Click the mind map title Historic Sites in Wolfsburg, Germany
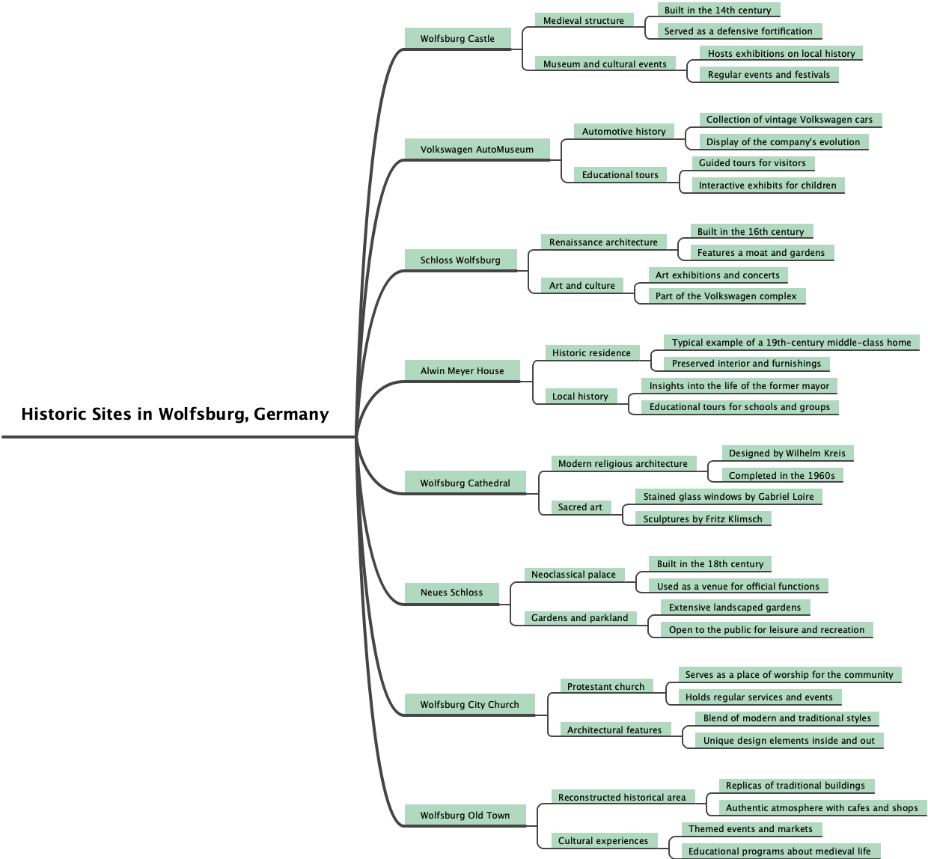click(x=175, y=415)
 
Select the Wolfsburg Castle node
click(x=457, y=39)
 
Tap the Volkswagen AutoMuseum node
click(x=477, y=150)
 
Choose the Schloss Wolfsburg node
click(x=460, y=260)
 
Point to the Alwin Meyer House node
click(x=462, y=371)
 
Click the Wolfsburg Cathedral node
click(x=465, y=483)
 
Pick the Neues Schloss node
click(x=451, y=593)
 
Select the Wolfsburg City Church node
click(x=469, y=705)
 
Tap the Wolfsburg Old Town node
click(x=465, y=816)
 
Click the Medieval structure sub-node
click(x=584, y=21)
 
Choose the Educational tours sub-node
click(x=620, y=175)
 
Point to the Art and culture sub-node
click(x=582, y=286)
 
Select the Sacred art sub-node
click(x=580, y=507)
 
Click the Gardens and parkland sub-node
click(x=580, y=618)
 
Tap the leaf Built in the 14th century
click(x=718, y=10)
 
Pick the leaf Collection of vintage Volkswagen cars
click(x=790, y=120)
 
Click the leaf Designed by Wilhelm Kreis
click(x=787, y=453)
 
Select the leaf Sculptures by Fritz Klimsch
click(x=703, y=519)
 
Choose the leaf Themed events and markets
click(x=751, y=829)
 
